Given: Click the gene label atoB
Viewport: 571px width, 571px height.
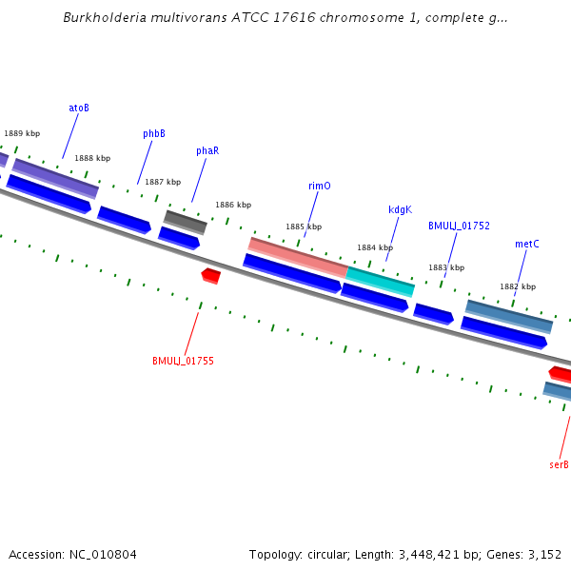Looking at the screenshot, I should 79,108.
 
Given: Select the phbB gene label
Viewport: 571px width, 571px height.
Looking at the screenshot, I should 154,134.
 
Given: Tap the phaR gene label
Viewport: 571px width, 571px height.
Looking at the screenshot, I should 207,151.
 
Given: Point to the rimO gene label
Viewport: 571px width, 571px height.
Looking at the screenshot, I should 320,187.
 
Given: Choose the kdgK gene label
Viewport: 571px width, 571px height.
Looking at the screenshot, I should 400,210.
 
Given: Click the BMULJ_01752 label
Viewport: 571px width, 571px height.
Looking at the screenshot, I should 459,226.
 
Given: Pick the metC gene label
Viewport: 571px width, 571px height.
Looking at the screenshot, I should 527,245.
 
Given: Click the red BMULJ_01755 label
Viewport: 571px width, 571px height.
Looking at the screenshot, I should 183,362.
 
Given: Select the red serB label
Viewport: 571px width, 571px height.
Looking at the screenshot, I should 559,465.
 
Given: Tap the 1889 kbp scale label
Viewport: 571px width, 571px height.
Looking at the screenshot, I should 22,134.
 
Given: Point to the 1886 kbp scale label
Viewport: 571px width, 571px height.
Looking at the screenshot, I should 233,205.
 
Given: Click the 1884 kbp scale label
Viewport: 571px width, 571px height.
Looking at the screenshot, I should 374,248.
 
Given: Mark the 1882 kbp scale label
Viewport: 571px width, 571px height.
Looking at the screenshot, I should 518,286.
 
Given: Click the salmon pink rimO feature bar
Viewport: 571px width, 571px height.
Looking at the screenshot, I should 297,257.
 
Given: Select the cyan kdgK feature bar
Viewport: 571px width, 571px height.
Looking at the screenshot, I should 380,281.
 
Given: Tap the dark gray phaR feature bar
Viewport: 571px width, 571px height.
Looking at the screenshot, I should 185,222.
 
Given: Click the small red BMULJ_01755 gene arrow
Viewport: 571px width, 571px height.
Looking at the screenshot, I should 211,276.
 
